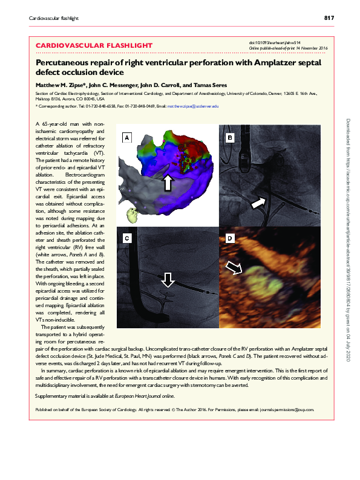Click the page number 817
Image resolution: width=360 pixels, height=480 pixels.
329,18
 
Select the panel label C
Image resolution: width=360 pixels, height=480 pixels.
127,239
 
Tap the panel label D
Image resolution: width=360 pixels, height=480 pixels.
229,239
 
